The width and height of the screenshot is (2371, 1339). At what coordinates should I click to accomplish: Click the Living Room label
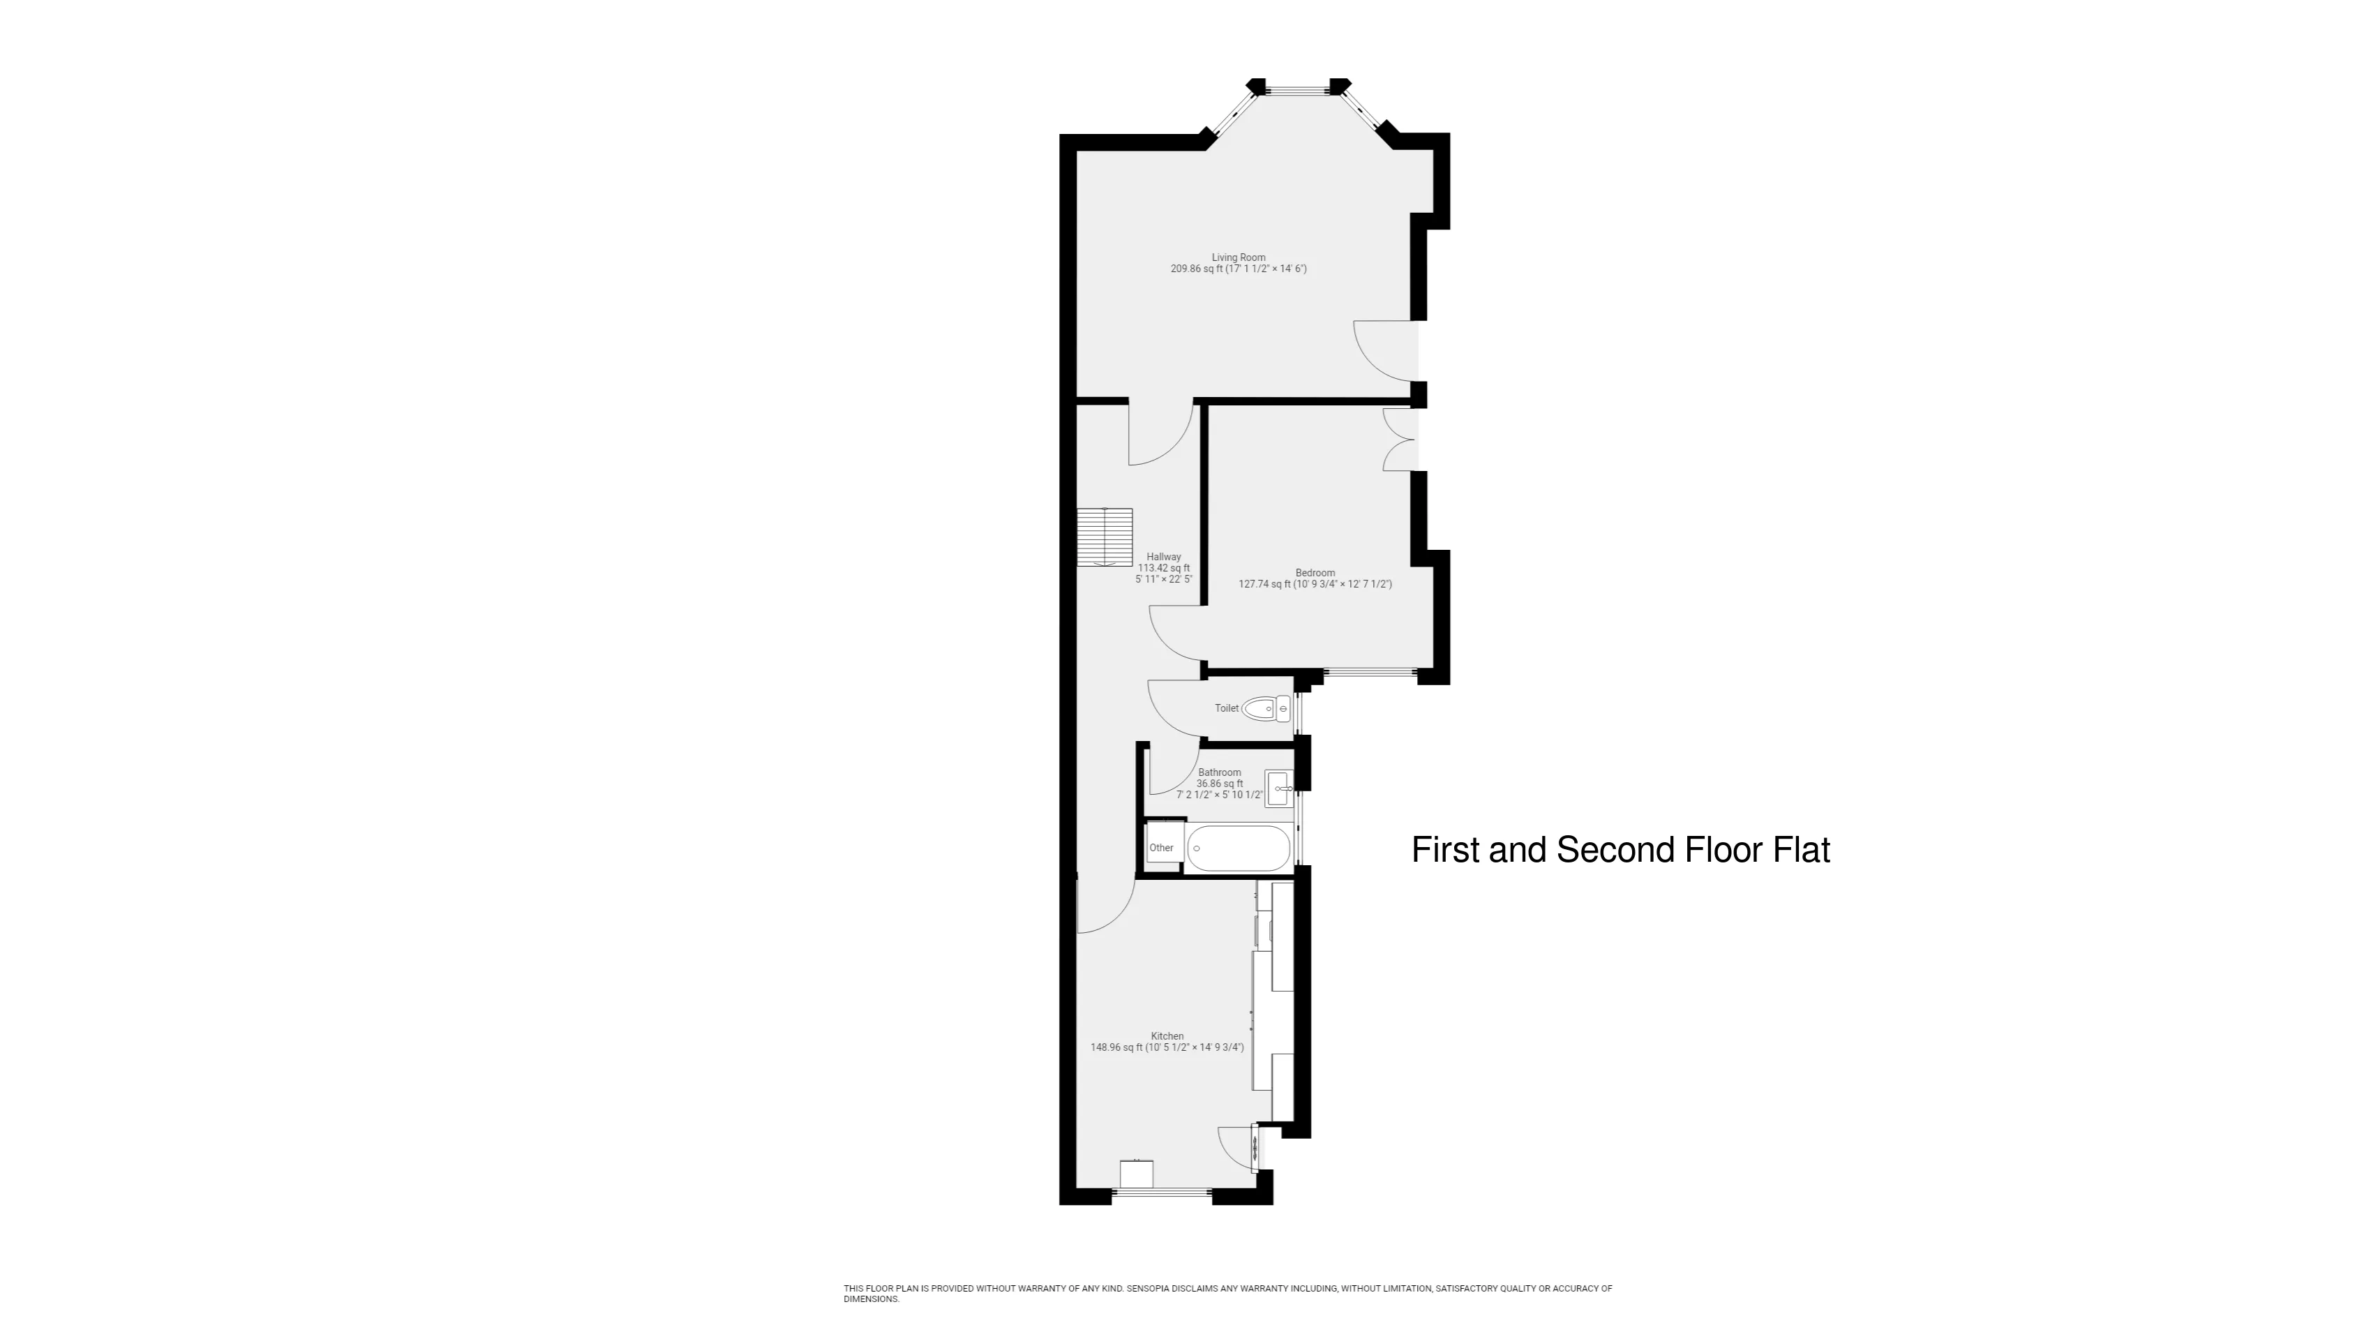[1238, 257]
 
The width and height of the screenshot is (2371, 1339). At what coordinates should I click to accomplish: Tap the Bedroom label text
[1315, 572]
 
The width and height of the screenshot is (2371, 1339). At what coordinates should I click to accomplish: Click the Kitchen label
[1167, 1036]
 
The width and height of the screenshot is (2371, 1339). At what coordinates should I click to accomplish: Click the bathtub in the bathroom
[1238, 848]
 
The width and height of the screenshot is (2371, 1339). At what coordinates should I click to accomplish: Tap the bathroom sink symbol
[1280, 788]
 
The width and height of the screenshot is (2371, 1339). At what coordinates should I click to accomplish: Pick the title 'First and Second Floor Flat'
[1621, 849]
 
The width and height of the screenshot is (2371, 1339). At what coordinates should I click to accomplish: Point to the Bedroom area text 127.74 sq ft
[1264, 583]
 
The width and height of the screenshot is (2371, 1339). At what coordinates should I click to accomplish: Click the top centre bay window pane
[1298, 89]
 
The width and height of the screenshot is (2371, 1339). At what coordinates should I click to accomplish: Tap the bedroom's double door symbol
[1399, 440]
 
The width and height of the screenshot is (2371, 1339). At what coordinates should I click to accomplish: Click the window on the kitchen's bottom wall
[1162, 1192]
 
